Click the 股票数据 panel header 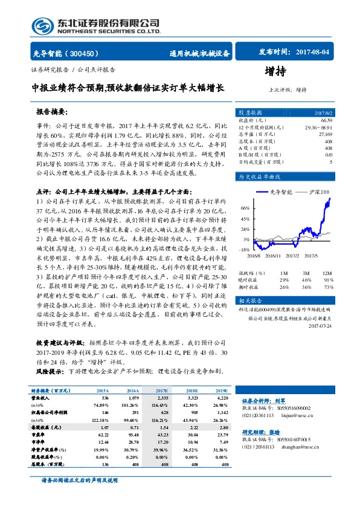click(x=250, y=112)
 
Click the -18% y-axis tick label click(x=244, y=249)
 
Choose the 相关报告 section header click(x=249, y=300)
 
